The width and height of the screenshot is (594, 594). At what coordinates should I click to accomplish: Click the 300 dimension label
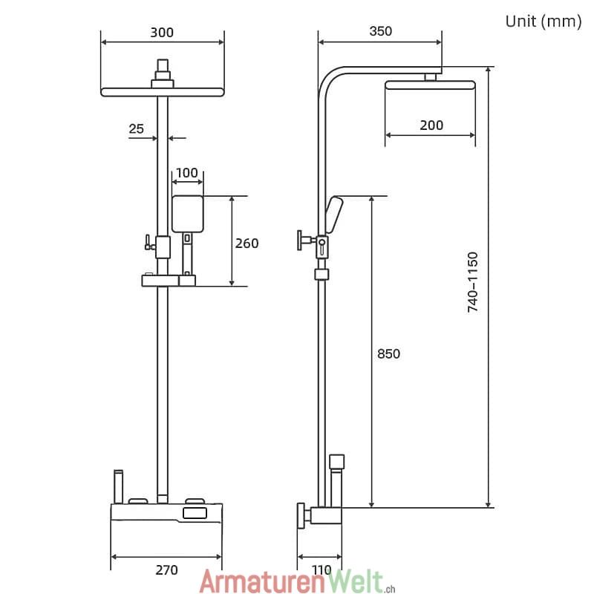(x=162, y=33)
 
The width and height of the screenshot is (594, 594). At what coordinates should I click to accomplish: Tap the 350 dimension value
(x=381, y=31)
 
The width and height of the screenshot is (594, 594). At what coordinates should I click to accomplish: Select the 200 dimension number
(x=431, y=125)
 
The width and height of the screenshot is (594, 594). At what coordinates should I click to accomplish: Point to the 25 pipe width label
(x=137, y=128)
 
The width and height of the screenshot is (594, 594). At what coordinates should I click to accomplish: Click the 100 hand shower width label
(x=187, y=173)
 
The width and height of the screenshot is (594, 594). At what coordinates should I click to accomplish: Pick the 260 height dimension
(x=247, y=244)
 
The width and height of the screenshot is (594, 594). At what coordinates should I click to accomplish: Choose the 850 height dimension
(x=388, y=354)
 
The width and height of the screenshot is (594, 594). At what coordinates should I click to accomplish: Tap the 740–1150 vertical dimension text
(x=473, y=282)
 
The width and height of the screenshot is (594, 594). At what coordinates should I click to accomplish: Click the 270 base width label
(x=166, y=570)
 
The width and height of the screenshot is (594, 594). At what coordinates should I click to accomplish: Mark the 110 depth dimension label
(x=322, y=570)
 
